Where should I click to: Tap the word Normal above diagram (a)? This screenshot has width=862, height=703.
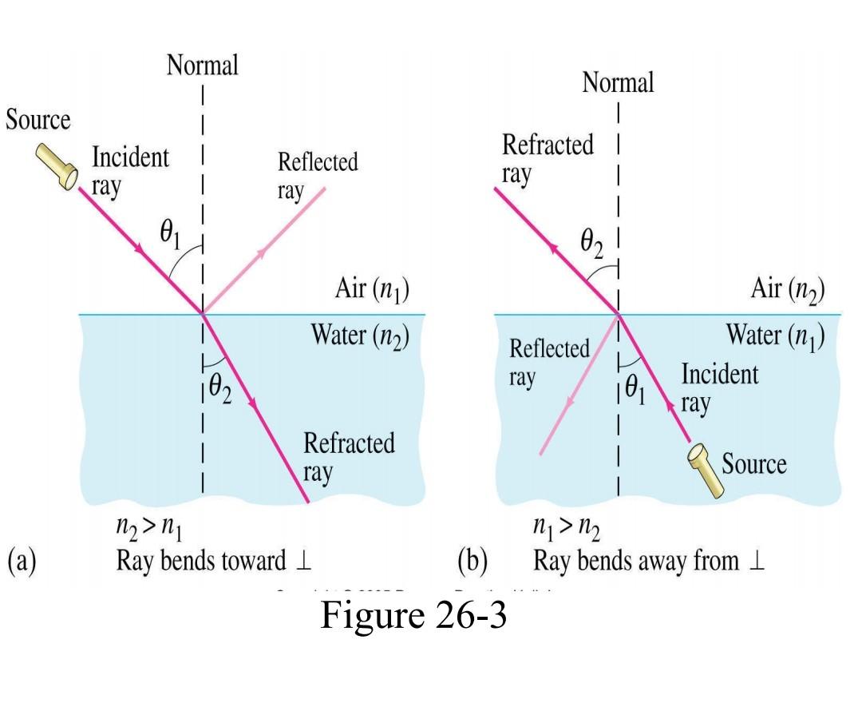202,66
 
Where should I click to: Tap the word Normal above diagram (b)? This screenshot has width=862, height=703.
618,81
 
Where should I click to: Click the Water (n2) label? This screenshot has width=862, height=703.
359,335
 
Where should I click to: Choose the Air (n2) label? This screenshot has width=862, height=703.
787,288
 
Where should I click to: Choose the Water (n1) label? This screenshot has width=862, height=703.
775,335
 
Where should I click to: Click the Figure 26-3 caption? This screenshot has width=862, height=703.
413,614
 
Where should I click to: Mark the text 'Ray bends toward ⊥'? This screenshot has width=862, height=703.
213,561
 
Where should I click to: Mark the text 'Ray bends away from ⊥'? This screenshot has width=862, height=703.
649,561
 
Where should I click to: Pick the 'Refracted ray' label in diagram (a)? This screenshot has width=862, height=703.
349,457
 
